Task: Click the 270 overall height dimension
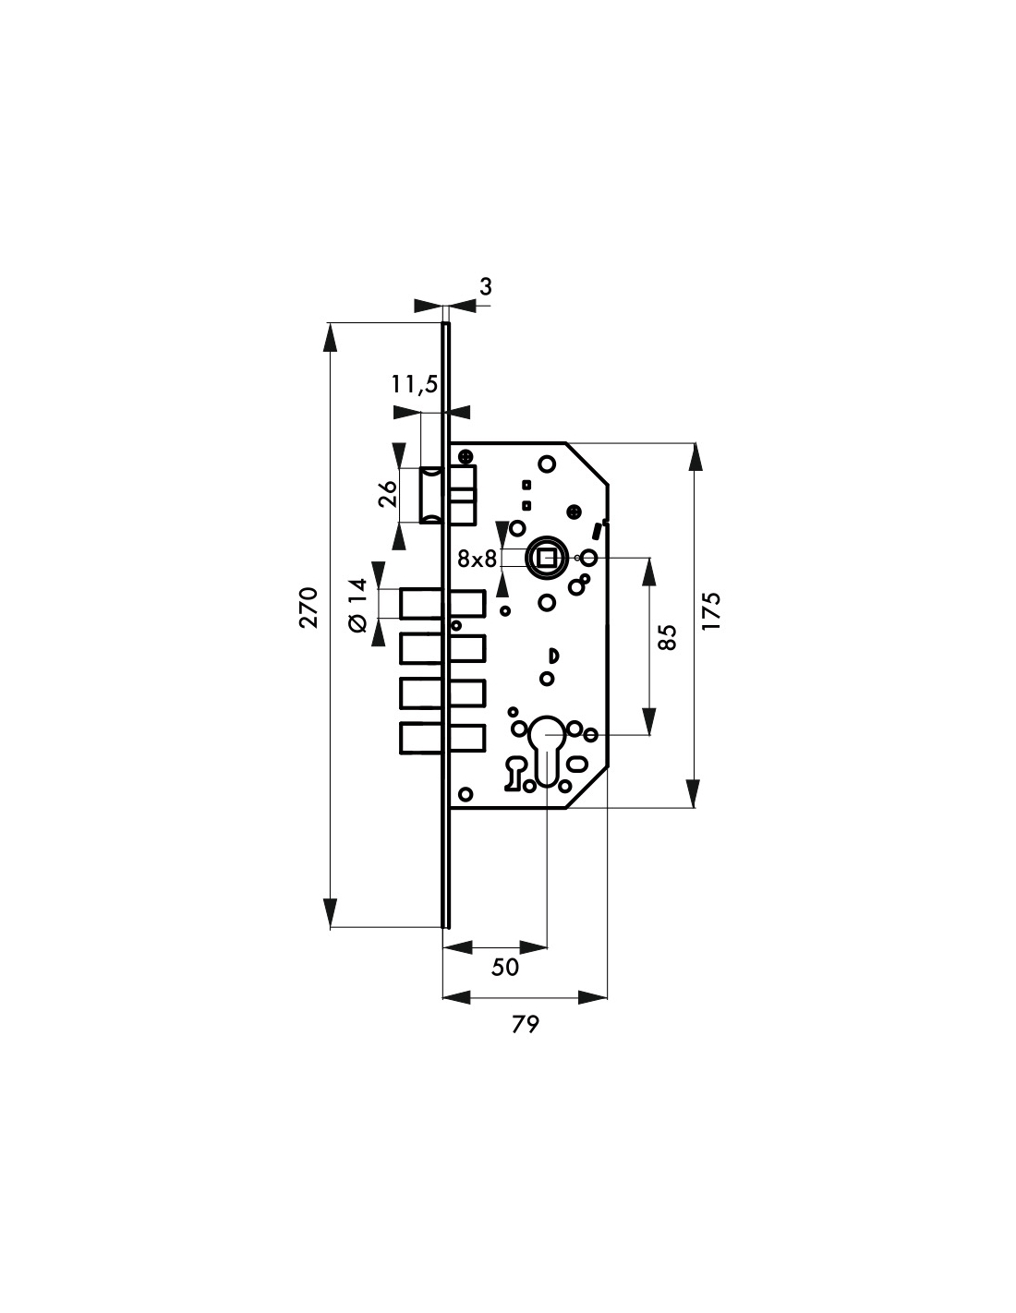click(309, 608)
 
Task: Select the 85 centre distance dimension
click(666, 637)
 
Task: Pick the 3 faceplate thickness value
click(486, 287)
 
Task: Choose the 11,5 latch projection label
click(414, 385)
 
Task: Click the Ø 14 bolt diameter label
click(357, 606)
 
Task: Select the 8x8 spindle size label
click(477, 560)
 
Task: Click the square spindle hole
click(547, 557)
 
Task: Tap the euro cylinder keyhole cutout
click(547, 752)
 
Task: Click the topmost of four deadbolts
click(442, 604)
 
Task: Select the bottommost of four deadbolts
click(442, 739)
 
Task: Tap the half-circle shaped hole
click(553, 656)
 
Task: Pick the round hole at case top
click(547, 464)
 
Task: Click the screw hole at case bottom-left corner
click(466, 793)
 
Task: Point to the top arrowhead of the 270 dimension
click(330, 337)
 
